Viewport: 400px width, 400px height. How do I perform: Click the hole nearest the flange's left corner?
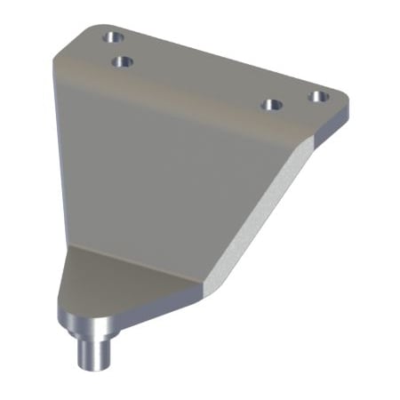[x=112, y=37]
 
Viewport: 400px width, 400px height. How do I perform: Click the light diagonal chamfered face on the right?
[x=258, y=213]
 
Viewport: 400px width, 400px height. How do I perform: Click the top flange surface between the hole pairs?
[x=196, y=76]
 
